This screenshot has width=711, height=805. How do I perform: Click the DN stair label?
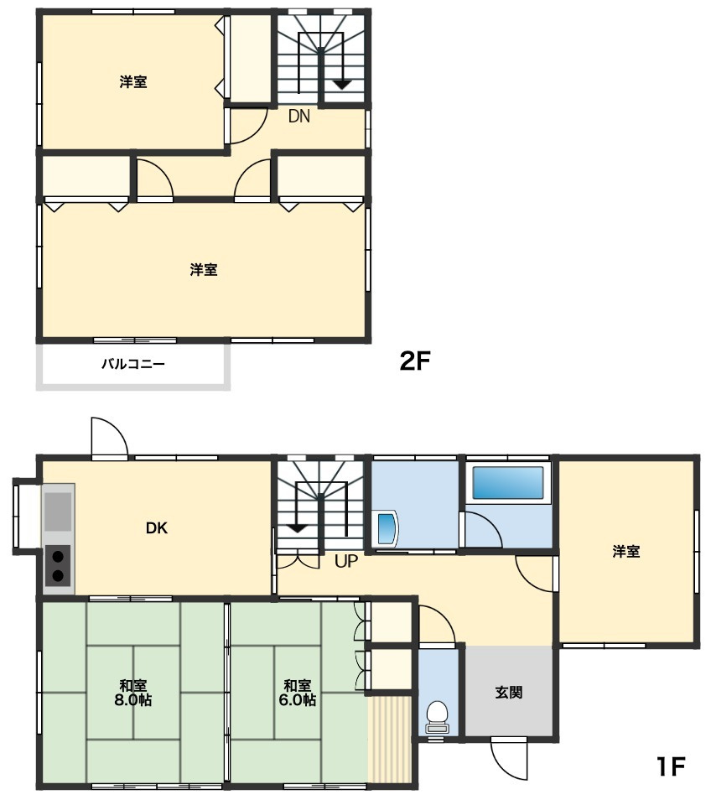click(x=298, y=117)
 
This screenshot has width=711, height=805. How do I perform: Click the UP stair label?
click(x=345, y=561)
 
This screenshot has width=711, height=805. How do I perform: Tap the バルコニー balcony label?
click(x=133, y=365)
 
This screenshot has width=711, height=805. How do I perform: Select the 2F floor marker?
click(x=414, y=361)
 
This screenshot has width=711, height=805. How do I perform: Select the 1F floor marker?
click(x=671, y=767)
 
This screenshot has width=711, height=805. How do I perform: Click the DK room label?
click(x=157, y=527)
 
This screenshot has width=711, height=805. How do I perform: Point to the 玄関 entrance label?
click(x=509, y=692)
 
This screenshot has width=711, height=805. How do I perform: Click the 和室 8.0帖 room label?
click(x=133, y=693)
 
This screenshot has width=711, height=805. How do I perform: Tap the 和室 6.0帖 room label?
click(x=298, y=693)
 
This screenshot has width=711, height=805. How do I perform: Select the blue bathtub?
click(x=508, y=483)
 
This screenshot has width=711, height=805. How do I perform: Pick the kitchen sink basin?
click(x=58, y=512)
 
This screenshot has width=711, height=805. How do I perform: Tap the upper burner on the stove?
click(x=58, y=556)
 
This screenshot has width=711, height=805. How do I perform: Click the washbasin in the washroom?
click(x=387, y=527)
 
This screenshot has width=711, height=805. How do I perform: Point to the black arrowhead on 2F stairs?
click(x=341, y=85)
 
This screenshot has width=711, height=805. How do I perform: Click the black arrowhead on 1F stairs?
click(x=298, y=528)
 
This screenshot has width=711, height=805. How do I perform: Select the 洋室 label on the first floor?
click(x=625, y=552)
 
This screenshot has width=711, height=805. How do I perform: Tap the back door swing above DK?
click(x=109, y=437)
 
